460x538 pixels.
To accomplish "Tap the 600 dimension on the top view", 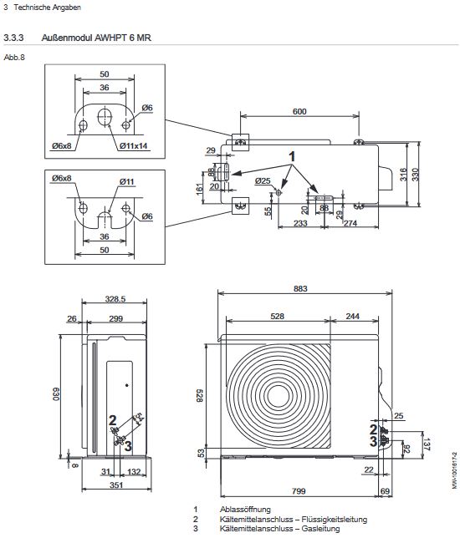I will pyautogui.click(x=299, y=112).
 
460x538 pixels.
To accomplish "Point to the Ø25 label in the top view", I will pyautogui.click(x=263, y=180).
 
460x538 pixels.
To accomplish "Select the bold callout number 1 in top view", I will pyautogui.click(x=293, y=156).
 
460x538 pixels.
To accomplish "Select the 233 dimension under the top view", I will pyautogui.click(x=299, y=224).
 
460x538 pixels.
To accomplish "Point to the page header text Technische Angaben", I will pyautogui.click(x=40, y=7).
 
